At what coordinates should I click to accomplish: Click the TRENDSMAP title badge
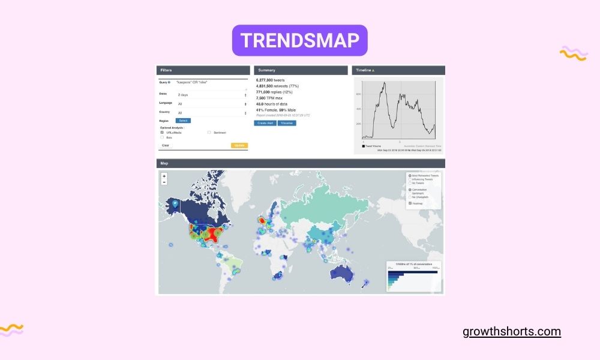click(x=299, y=40)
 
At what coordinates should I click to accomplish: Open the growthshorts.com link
click(x=512, y=331)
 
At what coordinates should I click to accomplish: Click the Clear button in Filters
click(x=165, y=145)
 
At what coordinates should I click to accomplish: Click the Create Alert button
click(x=265, y=122)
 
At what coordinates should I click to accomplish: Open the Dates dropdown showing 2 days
click(x=212, y=95)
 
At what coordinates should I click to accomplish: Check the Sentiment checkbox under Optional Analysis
click(x=209, y=132)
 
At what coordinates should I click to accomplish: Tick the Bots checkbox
click(x=162, y=137)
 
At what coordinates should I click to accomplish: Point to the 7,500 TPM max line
click(x=269, y=98)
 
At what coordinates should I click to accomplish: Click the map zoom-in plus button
click(x=164, y=176)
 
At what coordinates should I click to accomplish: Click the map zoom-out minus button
click(x=164, y=182)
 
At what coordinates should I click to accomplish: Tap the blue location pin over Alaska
click(x=175, y=203)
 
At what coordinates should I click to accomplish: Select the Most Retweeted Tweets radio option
click(x=410, y=175)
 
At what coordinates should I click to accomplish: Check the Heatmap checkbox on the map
click(x=410, y=203)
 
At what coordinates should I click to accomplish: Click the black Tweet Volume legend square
click(x=363, y=146)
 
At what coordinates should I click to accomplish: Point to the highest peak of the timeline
click(x=384, y=83)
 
